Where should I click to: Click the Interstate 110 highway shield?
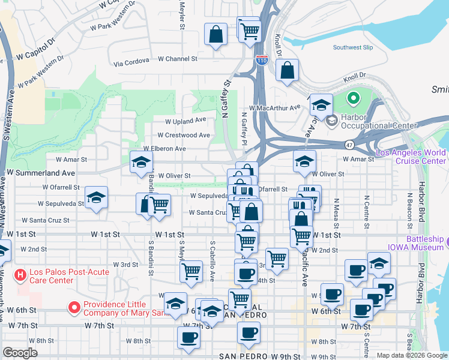(x=261, y=60)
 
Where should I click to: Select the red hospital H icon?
(x=20, y=275)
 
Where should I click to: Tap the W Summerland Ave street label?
(x=41, y=172)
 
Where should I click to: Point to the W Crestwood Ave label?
(x=184, y=135)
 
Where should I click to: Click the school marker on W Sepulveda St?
(x=96, y=198)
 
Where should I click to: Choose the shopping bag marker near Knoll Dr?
(x=288, y=70)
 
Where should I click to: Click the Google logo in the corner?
(x=20, y=352)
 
